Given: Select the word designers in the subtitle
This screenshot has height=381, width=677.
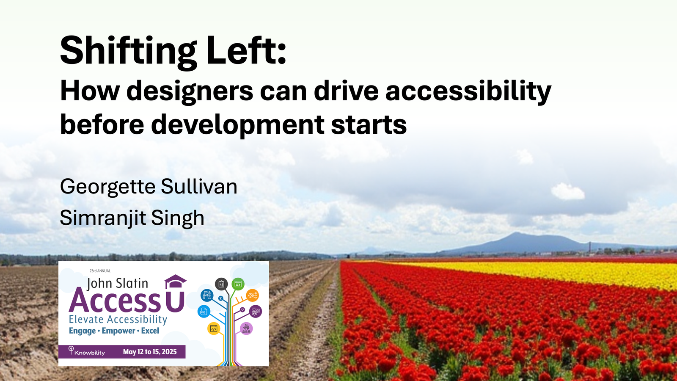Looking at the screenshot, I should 190,91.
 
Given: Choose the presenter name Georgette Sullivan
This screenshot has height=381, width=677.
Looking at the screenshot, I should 149,187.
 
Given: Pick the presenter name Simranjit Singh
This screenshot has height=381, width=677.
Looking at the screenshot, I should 132,218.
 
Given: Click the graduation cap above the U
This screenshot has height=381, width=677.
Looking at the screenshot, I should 175,281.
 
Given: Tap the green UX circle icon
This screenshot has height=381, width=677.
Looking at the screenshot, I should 238,284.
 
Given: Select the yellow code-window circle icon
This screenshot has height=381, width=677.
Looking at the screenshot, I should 214,329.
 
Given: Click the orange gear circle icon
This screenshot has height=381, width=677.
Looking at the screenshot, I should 252,295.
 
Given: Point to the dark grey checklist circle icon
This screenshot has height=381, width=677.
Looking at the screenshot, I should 221,284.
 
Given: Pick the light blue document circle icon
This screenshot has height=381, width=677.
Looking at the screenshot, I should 204,312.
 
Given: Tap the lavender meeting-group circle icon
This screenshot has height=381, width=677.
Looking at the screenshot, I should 246,329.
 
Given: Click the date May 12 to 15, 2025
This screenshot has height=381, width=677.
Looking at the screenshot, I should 150,352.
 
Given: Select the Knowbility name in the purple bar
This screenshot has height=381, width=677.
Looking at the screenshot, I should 89,353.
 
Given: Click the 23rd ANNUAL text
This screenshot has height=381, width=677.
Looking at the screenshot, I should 100,271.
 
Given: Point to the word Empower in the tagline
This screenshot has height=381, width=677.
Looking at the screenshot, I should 118,331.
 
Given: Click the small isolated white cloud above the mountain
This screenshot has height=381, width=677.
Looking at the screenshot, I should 567,191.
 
